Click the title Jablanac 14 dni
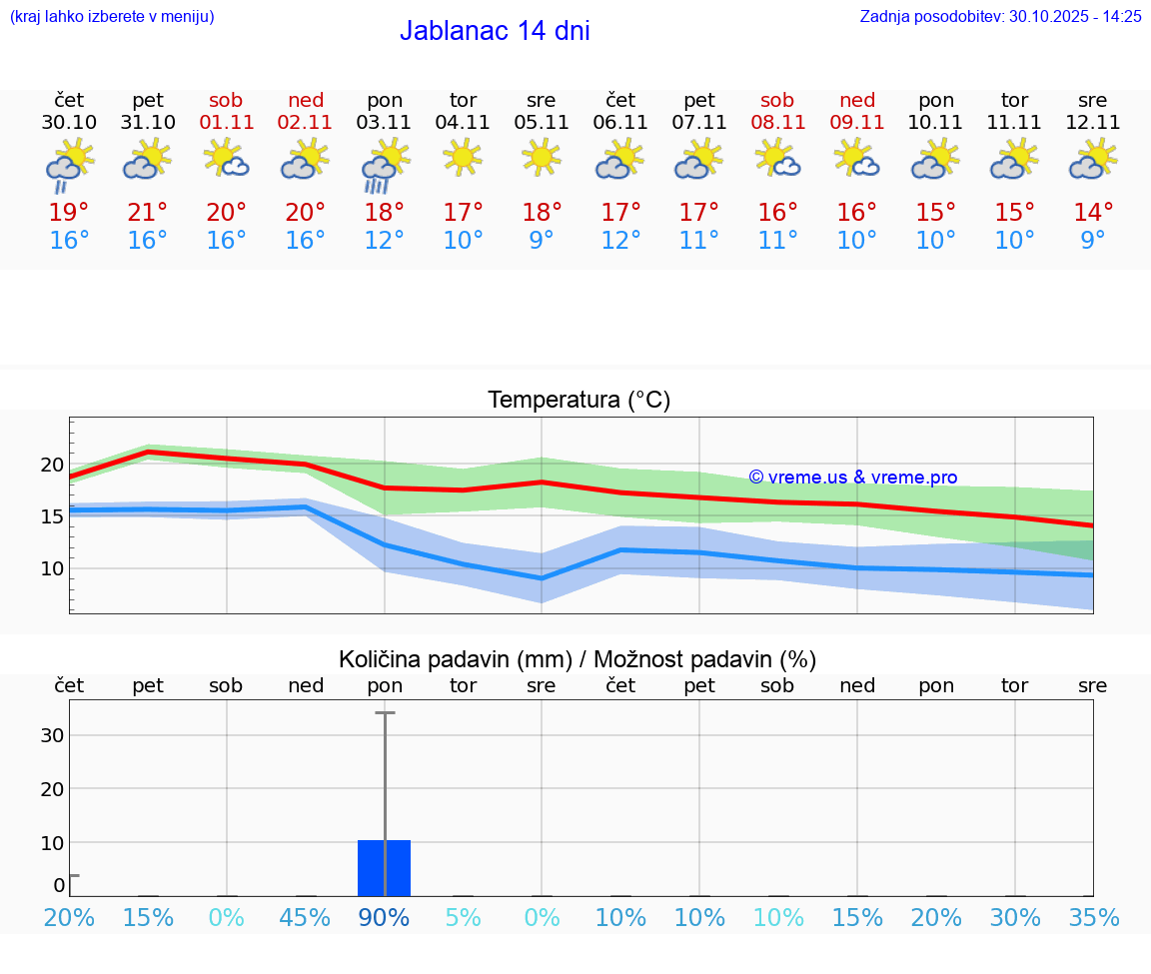click(495, 31)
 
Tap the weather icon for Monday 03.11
click(385, 166)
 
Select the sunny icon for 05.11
click(542, 158)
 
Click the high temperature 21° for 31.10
click(148, 213)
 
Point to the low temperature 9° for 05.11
click(542, 241)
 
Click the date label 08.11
click(777, 123)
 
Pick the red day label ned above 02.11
click(306, 100)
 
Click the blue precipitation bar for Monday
click(385, 868)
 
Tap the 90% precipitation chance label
click(385, 918)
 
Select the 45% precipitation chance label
click(306, 918)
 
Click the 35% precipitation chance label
click(1093, 918)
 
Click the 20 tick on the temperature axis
click(52, 465)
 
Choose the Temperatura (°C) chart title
click(578, 401)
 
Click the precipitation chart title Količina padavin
click(577, 659)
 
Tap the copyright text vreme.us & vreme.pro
click(853, 478)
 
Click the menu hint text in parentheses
click(112, 16)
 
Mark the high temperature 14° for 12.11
click(1093, 213)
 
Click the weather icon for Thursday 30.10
click(69, 166)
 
